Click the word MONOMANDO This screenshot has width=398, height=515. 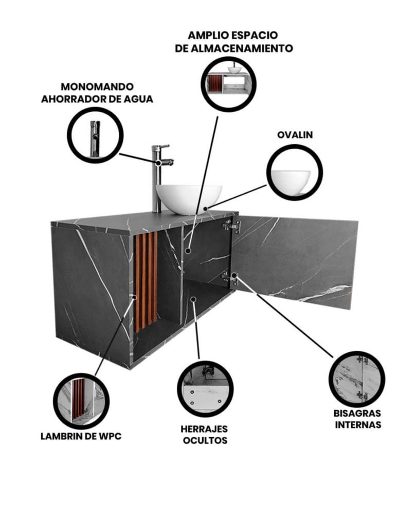[x=97, y=87]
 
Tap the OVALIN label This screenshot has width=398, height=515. [x=295, y=134]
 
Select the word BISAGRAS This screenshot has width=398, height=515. [x=357, y=413]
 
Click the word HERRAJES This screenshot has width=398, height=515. [x=204, y=428]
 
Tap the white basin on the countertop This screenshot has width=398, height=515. [x=189, y=199]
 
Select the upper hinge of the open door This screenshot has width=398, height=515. [x=231, y=227]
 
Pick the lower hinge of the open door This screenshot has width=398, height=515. [x=229, y=278]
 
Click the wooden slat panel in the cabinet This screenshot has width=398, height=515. [x=146, y=281]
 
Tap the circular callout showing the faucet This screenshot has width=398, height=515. [x=96, y=134]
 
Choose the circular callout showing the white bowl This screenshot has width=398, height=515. [x=295, y=173]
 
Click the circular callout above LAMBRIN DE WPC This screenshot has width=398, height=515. [x=81, y=401]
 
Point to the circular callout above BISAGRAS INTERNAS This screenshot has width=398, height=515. [x=357, y=380]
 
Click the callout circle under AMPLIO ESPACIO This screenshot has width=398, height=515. [x=228, y=84]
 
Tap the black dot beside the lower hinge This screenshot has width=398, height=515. [x=234, y=275]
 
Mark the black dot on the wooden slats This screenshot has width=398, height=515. [x=134, y=297]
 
